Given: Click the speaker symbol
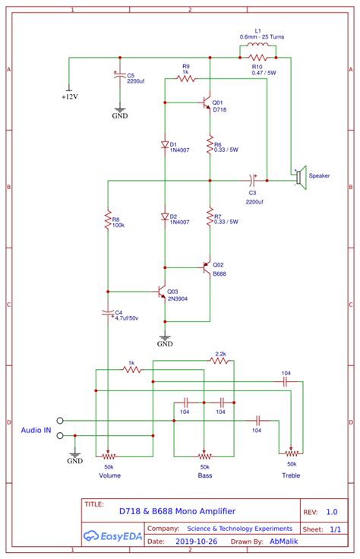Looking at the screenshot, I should pyautogui.click(x=300, y=176).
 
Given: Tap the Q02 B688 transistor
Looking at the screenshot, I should pyautogui.click(x=207, y=267).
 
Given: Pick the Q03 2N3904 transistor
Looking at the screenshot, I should pyautogui.click(x=160, y=292).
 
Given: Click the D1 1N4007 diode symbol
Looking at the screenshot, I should pyautogui.click(x=163, y=144).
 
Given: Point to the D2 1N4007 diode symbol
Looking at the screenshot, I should pyautogui.click(x=163, y=216).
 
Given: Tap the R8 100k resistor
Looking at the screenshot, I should pyautogui.click(x=109, y=220).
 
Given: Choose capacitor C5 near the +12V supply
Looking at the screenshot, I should pyautogui.click(x=118, y=76).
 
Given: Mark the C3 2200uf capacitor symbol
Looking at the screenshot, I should pyautogui.click(x=253, y=181).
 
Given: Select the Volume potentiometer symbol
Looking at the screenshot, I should pyautogui.click(x=109, y=457).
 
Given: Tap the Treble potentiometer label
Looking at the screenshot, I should pyautogui.click(x=290, y=475).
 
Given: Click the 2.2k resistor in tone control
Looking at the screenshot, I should pyautogui.click(x=220, y=362).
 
